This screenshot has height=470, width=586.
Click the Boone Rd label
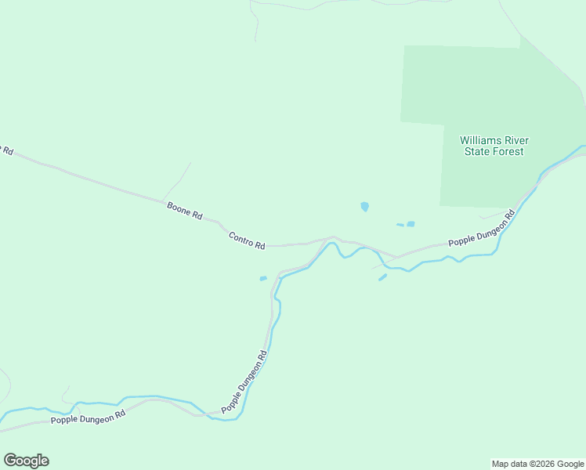tap(185, 210)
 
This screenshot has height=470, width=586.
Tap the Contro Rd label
tap(247, 240)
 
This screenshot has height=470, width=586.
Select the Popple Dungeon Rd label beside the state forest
tap(481, 230)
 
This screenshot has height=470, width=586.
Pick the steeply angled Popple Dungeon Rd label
tap(245, 381)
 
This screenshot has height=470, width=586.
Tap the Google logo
tap(26, 461)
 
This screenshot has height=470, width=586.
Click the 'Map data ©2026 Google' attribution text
tap(537, 464)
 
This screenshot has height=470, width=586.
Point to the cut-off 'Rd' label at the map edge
tap(6, 150)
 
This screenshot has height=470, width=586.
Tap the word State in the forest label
tap(476, 151)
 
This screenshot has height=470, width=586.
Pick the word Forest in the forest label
tap(507, 151)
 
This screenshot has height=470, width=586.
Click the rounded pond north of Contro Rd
tap(364, 207)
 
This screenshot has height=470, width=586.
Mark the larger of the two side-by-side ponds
tap(411, 224)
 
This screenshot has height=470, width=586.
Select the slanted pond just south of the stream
tap(382, 277)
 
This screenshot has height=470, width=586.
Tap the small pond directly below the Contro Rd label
tap(263, 278)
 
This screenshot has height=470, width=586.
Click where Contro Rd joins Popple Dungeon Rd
tap(394, 256)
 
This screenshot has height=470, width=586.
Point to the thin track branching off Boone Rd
tap(177, 182)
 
